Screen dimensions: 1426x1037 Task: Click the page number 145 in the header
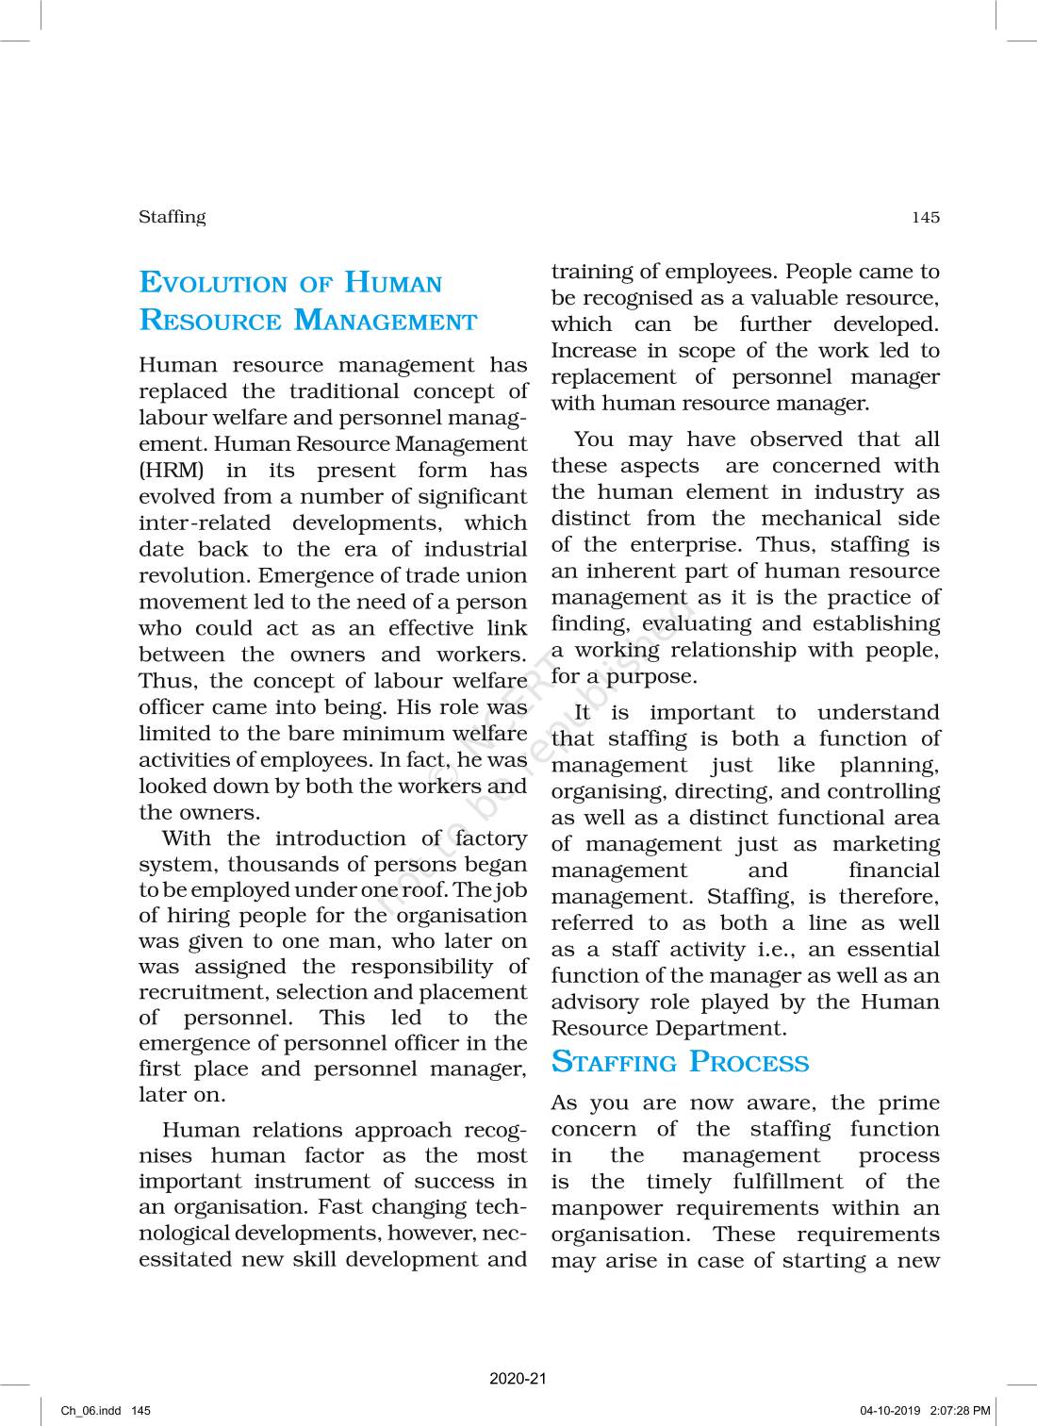(925, 218)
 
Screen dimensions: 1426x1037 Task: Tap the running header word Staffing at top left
(172, 217)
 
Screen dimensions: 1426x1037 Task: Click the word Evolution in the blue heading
(213, 283)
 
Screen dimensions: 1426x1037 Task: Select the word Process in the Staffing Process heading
(749, 1062)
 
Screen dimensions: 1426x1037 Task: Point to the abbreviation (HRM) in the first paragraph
(171, 471)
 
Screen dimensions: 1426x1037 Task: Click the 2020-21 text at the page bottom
(518, 1379)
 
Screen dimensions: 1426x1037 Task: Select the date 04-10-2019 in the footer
(889, 1411)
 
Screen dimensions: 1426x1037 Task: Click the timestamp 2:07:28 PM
(960, 1411)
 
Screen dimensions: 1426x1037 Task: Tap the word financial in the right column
(893, 871)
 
